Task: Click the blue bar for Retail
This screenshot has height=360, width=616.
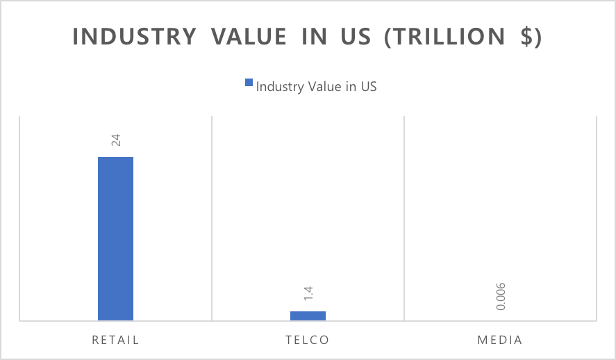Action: click(x=115, y=238)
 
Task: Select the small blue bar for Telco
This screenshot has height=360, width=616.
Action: click(x=308, y=316)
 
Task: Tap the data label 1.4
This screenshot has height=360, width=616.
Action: click(x=308, y=294)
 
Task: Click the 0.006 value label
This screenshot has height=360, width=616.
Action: click(x=500, y=295)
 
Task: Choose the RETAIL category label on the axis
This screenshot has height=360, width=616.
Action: click(x=115, y=341)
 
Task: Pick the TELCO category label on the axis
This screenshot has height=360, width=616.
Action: click(x=307, y=341)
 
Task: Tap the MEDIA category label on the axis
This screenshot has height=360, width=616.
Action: click(x=500, y=341)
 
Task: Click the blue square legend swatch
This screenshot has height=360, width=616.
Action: click(x=249, y=84)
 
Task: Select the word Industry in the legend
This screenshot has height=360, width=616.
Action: click(x=278, y=87)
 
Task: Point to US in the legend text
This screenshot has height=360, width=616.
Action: click(x=368, y=87)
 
